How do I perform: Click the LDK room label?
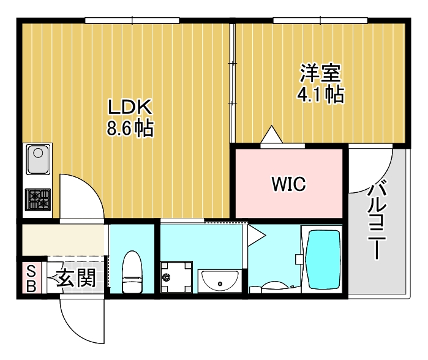coord(129,107)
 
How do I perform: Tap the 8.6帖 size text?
coord(129,129)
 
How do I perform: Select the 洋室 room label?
coord(319,73)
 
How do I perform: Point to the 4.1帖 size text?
coord(319,94)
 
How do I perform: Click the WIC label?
coord(288,184)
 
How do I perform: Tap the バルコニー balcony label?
coord(375,220)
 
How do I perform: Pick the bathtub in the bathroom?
coord(323,260)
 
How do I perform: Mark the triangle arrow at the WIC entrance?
coord(270,135)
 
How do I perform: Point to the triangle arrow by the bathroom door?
coord(256,233)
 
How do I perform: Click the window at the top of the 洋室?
coord(320,21)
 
